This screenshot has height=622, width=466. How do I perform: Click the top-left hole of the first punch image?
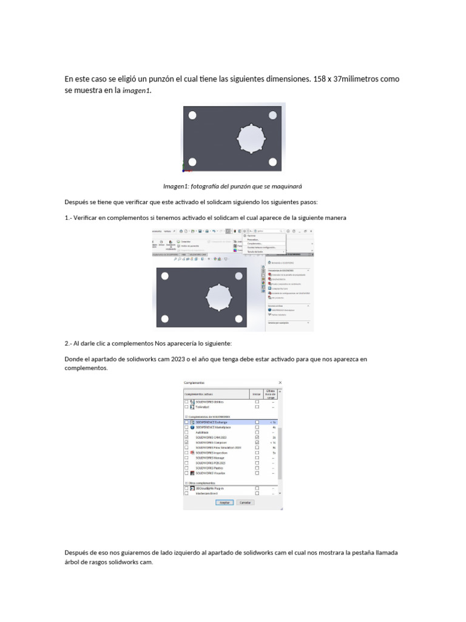192,115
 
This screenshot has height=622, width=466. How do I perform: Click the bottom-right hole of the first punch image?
272,162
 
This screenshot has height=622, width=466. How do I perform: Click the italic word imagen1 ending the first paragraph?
137,91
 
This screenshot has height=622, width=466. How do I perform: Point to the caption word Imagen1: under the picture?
176,186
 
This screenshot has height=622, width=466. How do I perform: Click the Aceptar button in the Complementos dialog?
224,502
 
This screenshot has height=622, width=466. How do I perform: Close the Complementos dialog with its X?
280,383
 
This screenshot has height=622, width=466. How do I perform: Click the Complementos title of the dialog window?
194,383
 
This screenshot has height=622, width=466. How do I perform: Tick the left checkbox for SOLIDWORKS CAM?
186,437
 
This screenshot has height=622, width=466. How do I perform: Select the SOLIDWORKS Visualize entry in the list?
211,473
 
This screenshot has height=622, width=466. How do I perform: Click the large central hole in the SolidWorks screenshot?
218,296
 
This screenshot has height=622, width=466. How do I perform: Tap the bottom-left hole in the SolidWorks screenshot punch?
165,317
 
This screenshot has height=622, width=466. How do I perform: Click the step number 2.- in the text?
69,343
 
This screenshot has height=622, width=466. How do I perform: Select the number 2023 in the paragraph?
169,359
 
